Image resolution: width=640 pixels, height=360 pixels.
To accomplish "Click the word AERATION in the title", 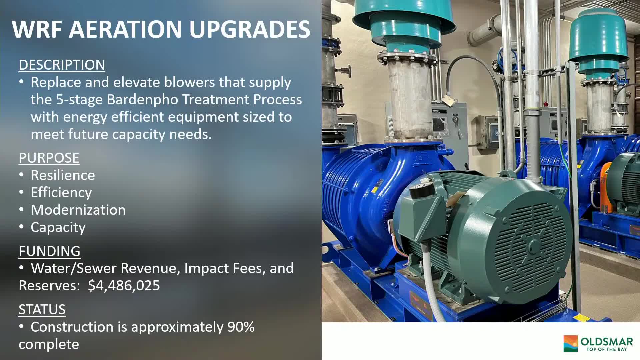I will (x=125, y=29).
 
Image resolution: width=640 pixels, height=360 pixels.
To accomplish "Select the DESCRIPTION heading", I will (x=62, y=65).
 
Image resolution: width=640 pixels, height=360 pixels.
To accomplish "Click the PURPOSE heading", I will (x=49, y=158).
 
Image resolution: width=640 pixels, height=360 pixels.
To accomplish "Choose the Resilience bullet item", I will (x=63, y=175).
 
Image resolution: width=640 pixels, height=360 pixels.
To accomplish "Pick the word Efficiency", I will (x=61, y=193).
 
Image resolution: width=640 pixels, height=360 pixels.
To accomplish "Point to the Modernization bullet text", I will (x=78, y=210).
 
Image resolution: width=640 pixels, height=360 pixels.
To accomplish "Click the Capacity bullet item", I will (x=58, y=227).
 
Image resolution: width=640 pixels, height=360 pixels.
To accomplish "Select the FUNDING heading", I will (x=49, y=251).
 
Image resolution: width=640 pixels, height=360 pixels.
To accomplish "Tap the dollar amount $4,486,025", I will (x=124, y=286).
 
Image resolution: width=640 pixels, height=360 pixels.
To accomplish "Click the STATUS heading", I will (x=42, y=310).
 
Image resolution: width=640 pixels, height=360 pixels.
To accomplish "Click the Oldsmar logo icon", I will (x=570, y=344).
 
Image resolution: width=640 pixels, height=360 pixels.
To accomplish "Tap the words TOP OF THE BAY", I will (x=607, y=349).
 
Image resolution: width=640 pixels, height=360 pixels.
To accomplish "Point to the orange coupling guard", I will (x=604, y=187).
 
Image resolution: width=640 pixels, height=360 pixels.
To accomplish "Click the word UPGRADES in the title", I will (x=250, y=29).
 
